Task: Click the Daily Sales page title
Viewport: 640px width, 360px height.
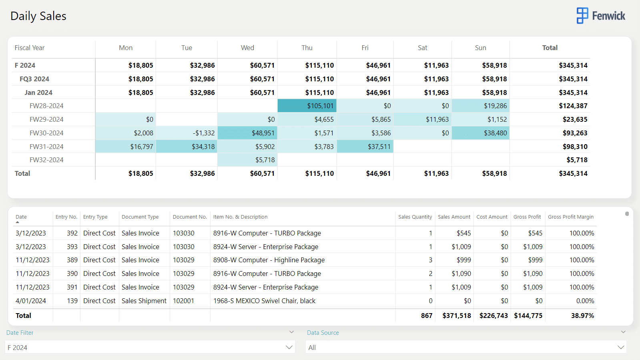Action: [x=38, y=16]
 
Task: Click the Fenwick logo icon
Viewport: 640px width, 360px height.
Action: [x=582, y=16]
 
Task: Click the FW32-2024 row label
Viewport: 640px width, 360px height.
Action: [x=46, y=160]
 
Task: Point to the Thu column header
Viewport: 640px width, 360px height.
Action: [x=307, y=48]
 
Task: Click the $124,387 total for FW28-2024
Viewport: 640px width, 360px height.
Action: [x=573, y=106]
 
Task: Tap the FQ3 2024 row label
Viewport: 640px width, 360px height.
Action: [x=34, y=79]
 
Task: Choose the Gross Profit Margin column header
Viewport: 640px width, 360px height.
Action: [x=571, y=217]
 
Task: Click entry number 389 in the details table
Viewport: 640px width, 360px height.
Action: [x=72, y=260]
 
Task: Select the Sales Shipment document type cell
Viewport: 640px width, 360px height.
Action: [x=144, y=301]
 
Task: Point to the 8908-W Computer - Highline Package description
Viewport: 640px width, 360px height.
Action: [x=269, y=260]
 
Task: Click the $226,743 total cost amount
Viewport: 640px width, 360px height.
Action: [x=494, y=316]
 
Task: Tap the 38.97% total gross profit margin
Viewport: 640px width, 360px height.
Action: [x=582, y=316]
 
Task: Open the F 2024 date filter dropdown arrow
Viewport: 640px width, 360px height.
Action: [x=289, y=348]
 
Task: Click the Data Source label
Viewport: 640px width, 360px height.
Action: [x=323, y=332]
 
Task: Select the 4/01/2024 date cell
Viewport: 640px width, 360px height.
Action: [x=30, y=301]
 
